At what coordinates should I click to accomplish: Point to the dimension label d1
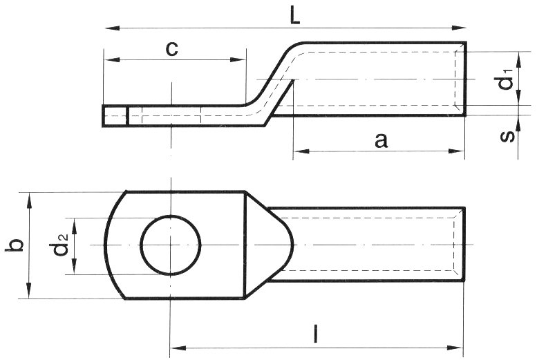[507, 80]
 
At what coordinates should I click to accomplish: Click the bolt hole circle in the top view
[170, 245]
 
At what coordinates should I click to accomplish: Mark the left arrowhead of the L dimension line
[109, 28]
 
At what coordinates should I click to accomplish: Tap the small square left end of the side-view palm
[115, 115]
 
